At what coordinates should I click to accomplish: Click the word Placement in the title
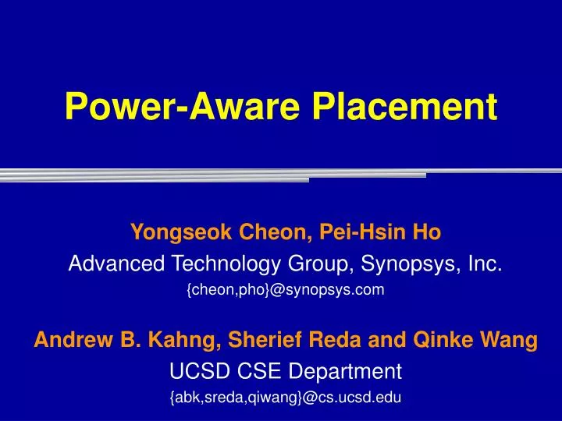tap(404, 106)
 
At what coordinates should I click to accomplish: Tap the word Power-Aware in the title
tap(182, 106)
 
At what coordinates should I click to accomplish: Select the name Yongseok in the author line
tap(181, 232)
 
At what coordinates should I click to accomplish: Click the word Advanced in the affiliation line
tap(116, 264)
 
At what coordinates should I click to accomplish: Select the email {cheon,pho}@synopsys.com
tap(286, 289)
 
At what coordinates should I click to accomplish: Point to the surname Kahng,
tap(184, 340)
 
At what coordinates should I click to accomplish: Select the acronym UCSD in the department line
tap(199, 371)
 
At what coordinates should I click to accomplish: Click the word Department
tap(345, 372)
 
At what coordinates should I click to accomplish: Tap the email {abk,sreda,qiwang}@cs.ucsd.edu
tap(286, 398)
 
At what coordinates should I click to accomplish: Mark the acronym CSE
tap(259, 371)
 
